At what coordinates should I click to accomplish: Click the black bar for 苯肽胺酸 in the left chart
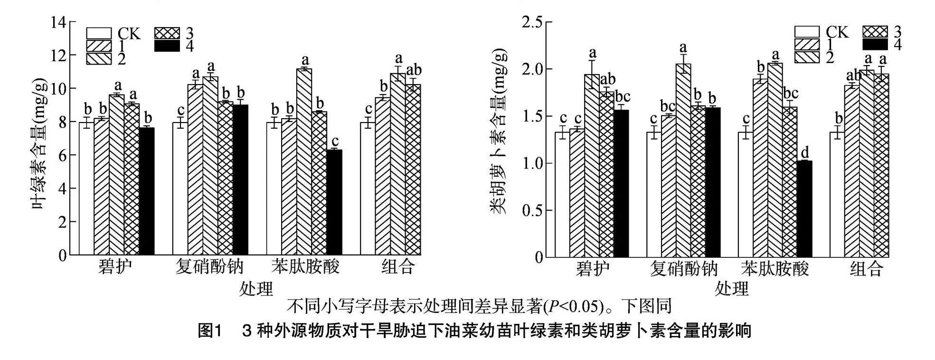334,202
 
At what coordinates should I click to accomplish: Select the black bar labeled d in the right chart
804,209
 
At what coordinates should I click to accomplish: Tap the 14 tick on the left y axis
60,22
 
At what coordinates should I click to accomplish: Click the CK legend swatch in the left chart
99,33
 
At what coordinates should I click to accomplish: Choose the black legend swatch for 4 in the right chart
875,45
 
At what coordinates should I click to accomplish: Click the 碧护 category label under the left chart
115,267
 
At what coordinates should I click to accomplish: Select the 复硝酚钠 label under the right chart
683,269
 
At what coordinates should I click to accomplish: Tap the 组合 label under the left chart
398,267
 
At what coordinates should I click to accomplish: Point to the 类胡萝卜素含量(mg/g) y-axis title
499,131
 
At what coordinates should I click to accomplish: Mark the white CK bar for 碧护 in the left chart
86,189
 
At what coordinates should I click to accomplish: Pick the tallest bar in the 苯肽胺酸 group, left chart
304,161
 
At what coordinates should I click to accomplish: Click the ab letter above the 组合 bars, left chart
414,70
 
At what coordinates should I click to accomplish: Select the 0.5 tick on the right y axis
533,210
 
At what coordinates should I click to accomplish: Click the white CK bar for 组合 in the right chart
837,194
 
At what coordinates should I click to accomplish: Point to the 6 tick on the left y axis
63,155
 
